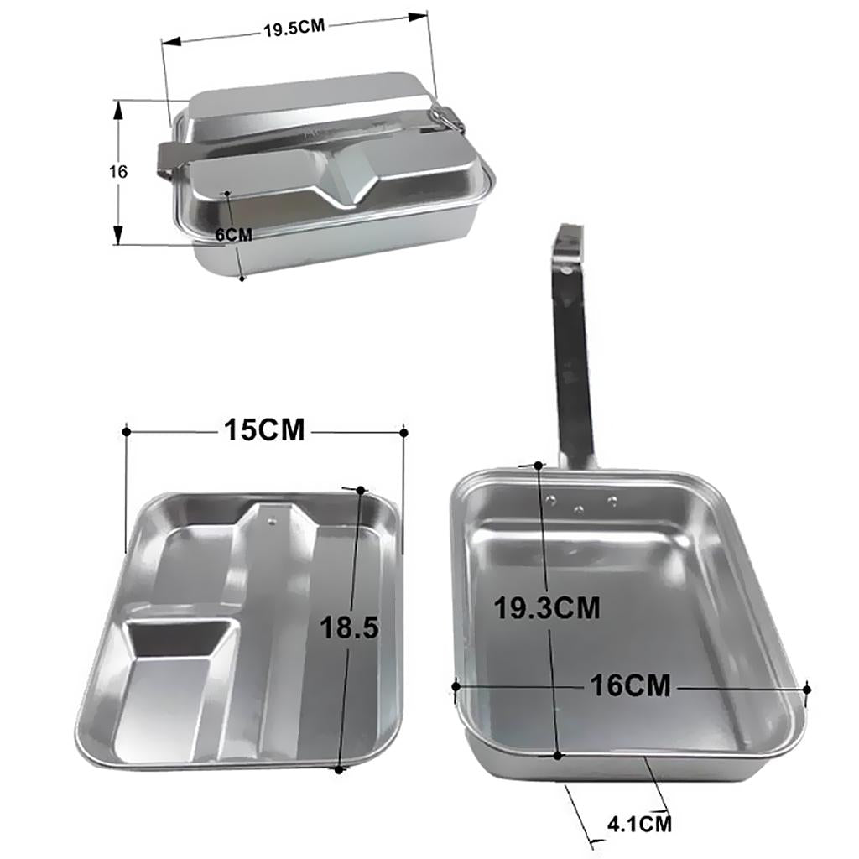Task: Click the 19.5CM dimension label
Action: pyautogui.click(x=294, y=28)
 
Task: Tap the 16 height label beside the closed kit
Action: pyautogui.click(x=117, y=171)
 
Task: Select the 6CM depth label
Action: pyautogui.click(x=234, y=235)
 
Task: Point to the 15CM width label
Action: pyautogui.click(x=264, y=430)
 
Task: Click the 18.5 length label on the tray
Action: pyautogui.click(x=349, y=627)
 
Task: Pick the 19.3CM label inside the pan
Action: pyautogui.click(x=547, y=607)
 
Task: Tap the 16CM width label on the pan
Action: pyautogui.click(x=630, y=685)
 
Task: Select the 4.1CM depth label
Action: pyautogui.click(x=639, y=824)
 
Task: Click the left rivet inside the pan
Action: pyautogui.click(x=552, y=498)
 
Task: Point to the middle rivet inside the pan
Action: pyautogui.click(x=579, y=509)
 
